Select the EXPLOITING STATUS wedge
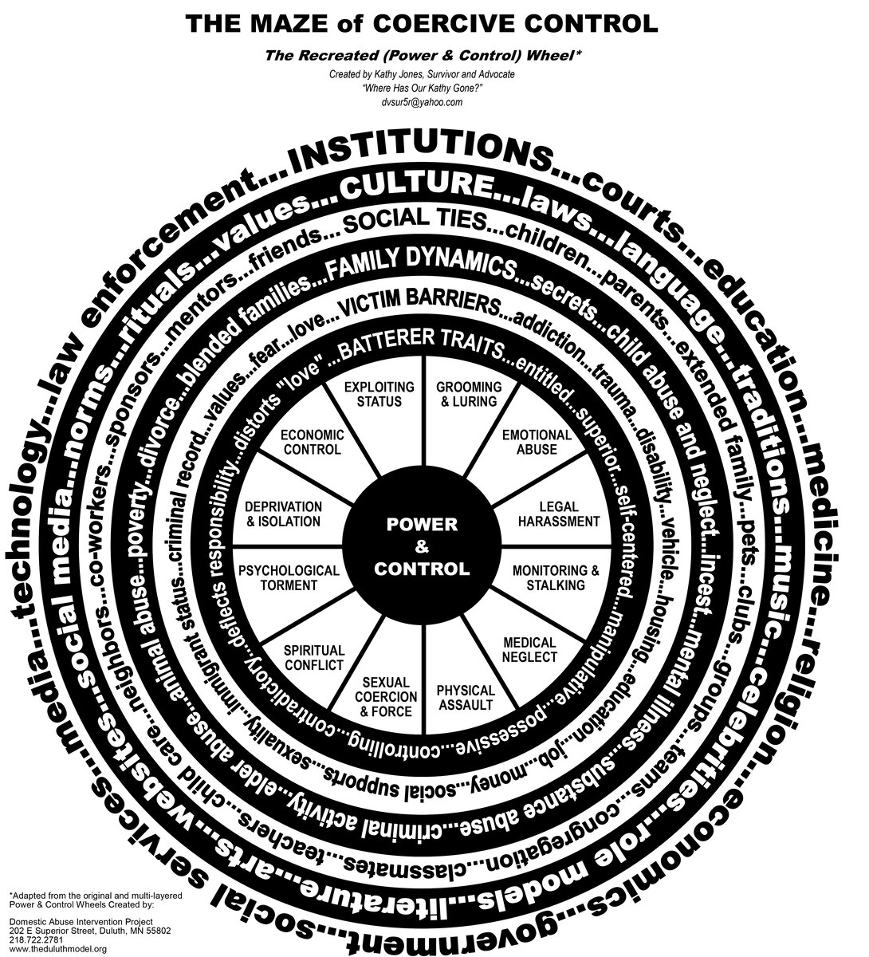coord(378,394)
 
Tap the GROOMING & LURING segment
coord(469,394)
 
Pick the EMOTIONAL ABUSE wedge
coord(536,442)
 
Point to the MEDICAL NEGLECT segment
coord(529,649)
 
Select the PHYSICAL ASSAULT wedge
coord(466,696)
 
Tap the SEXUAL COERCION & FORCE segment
coord(386,695)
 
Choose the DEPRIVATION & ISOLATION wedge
coord(283,514)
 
